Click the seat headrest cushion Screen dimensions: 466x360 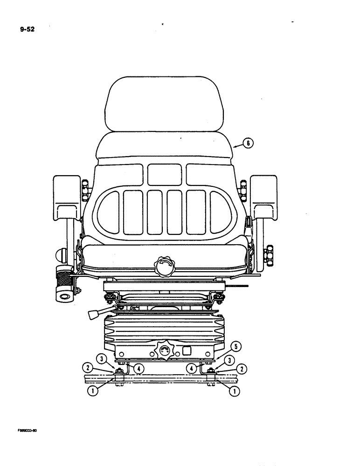[x=157, y=104]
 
